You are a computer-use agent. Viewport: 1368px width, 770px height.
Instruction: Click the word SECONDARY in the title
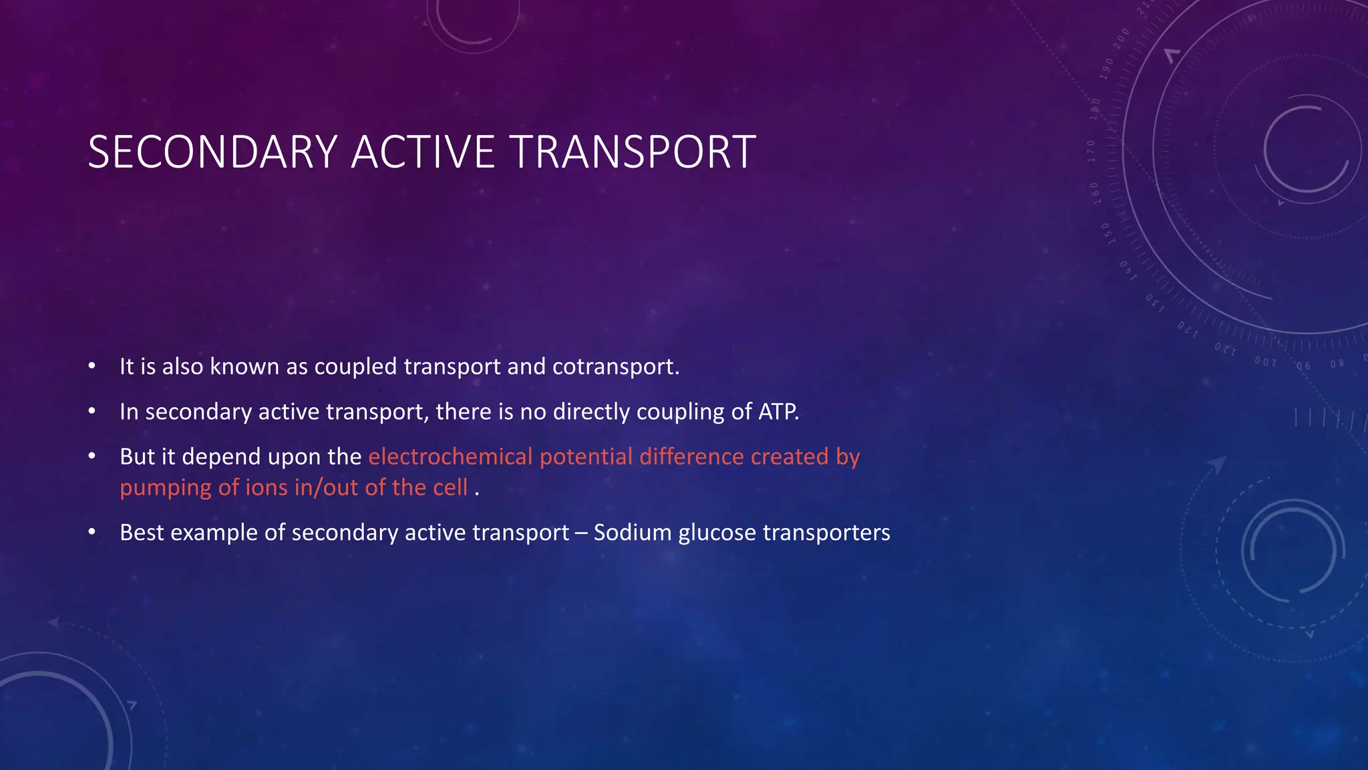click(x=212, y=152)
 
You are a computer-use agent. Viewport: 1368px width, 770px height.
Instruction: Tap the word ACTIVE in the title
click(x=422, y=152)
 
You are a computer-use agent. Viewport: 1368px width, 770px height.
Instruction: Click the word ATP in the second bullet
click(x=778, y=412)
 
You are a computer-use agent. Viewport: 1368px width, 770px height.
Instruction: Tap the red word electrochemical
click(x=450, y=457)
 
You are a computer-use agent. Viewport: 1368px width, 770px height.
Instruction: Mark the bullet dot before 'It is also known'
click(x=92, y=366)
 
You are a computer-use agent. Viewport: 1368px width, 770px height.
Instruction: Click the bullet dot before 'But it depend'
click(x=92, y=457)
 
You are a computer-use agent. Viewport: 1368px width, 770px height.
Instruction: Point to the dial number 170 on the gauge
click(x=1091, y=151)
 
